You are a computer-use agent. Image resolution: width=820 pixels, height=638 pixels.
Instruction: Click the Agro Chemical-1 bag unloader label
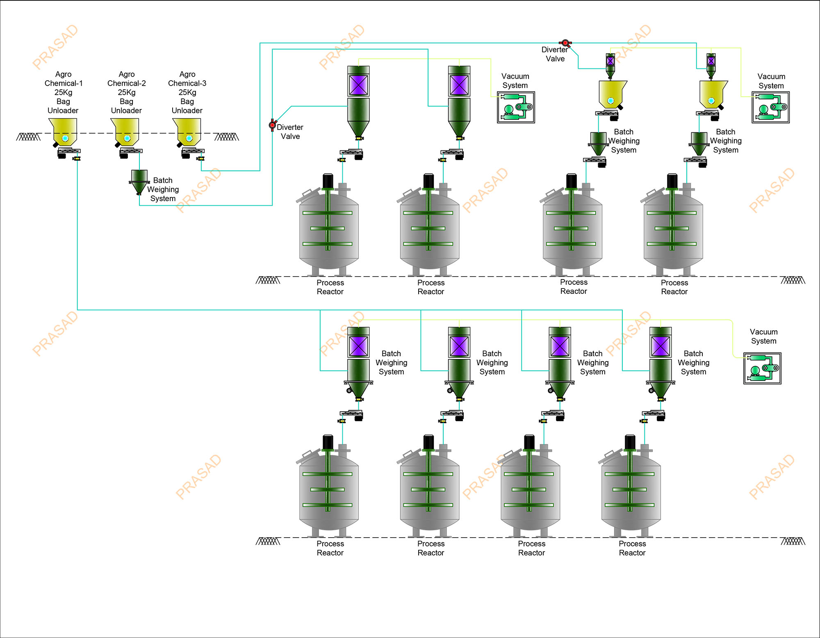click(x=63, y=92)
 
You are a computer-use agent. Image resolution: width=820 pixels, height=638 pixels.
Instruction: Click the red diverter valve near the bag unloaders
click(x=272, y=125)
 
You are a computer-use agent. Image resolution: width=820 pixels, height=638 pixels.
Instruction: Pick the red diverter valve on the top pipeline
click(x=565, y=43)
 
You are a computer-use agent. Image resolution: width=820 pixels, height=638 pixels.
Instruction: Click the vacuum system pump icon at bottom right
click(x=762, y=368)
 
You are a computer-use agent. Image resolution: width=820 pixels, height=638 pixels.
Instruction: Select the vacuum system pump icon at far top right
click(x=770, y=107)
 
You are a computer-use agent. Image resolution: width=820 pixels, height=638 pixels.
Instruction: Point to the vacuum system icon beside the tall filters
click(x=516, y=107)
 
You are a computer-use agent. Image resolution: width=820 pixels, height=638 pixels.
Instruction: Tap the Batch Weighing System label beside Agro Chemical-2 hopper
click(x=163, y=189)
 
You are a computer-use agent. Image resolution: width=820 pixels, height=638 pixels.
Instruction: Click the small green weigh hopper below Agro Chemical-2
click(x=139, y=180)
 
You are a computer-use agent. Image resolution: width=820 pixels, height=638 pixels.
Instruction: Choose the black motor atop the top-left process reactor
click(x=328, y=181)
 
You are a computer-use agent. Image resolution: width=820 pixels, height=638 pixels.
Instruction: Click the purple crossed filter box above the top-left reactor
click(x=358, y=85)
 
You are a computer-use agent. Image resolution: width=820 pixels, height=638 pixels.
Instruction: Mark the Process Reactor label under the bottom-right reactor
click(x=632, y=548)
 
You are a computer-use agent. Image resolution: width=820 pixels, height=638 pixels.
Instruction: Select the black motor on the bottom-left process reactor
click(x=328, y=442)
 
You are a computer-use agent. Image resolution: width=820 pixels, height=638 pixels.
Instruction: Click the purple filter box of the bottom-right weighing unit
click(x=661, y=346)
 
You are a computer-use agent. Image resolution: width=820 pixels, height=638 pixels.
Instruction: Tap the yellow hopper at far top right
click(x=713, y=94)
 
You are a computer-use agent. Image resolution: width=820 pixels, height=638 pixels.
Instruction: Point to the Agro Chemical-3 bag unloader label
click(x=187, y=92)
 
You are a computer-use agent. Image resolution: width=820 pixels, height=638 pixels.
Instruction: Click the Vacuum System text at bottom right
click(x=763, y=336)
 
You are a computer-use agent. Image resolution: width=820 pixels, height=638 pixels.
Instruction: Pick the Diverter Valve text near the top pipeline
click(x=555, y=54)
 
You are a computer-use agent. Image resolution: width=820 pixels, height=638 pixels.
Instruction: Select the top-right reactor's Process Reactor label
click(x=674, y=287)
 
